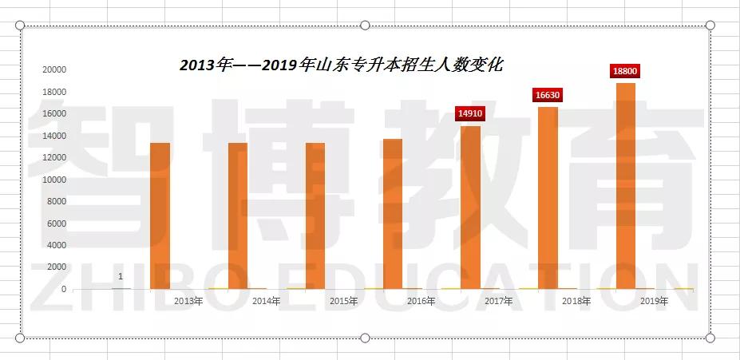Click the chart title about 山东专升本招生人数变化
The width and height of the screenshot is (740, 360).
click(x=341, y=65)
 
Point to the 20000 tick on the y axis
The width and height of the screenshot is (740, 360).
click(x=54, y=70)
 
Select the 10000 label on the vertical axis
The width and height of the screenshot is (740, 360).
click(x=54, y=180)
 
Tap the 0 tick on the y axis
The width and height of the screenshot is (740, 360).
click(x=63, y=289)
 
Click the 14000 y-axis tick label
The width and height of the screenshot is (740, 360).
click(x=54, y=136)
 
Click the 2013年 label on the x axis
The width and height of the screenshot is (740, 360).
click(x=188, y=302)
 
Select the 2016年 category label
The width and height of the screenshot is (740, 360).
click(x=421, y=302)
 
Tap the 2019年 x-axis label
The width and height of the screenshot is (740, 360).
click(x=655, y=302)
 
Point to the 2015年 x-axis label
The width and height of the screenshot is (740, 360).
click(x=343, y=302)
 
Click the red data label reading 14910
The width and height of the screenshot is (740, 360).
click(x=470, y=114)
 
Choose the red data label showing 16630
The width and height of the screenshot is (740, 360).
click(x=548, y=95)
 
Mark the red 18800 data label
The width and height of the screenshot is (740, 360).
click(x=625, y=71)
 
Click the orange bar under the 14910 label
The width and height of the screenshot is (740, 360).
click(x=470, y=207)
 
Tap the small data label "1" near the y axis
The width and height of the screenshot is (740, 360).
click(x=121, y=277)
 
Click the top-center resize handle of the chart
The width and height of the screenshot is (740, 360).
click(x=365, y=26)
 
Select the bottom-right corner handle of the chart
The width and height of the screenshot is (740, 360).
click(x=710, y=338)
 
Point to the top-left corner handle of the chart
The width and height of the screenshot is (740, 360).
click(x=21, y=26)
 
